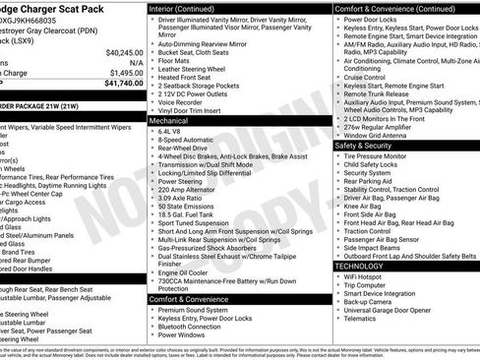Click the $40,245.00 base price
pos(124,52)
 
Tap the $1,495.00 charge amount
pos(126,73)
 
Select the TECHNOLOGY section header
pos(360,267)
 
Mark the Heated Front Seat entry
pos(186,77)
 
